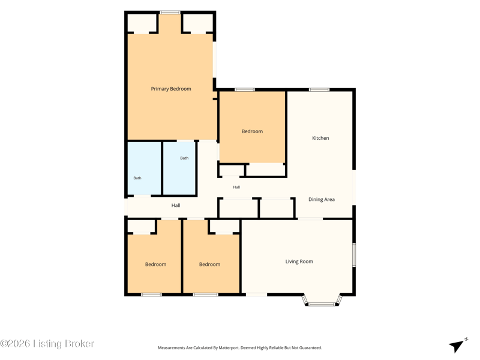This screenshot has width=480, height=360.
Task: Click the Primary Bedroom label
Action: pos(171,89)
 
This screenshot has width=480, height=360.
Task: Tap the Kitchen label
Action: pos(320,138)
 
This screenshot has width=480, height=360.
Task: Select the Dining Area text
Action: pos(322,199)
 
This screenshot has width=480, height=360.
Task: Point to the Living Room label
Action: pos(299,262)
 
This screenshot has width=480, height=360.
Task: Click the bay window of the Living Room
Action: pos(322,304)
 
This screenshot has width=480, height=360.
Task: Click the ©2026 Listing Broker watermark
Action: pos(47,343)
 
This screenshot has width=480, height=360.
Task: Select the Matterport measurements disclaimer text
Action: pos(239,348)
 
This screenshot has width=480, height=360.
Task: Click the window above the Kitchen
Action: pos(319,89)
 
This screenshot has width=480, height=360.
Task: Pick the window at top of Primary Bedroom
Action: pos(170,12)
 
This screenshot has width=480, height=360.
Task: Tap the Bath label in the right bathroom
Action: pos(184,158)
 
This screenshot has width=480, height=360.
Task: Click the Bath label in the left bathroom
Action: pos(137,178)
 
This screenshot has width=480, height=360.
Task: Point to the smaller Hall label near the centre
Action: pos(236,187)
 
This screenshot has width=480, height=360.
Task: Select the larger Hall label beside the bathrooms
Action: pos(176,205)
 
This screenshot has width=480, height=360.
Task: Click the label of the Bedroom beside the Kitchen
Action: pos(252,131)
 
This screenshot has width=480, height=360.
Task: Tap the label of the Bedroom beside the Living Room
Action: pos(209,264)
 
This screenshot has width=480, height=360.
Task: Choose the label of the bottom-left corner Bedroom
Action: pos(156,264)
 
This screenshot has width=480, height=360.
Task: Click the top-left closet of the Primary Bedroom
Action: pos(142,23)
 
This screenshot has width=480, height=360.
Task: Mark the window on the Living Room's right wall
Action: pos(354,254)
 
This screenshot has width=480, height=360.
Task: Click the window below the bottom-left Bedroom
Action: pos(151,295)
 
